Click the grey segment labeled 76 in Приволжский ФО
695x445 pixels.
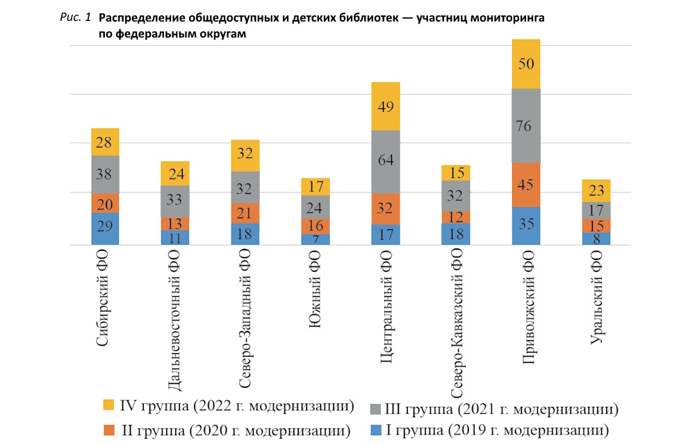pyautogui.click(x=526, y=126)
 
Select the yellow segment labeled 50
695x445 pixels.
pyautogui.click(x=526, y=64)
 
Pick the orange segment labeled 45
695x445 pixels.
pyautogui.click(x=526, y=185)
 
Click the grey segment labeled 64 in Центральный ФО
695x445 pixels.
pyautogui.click(x=386, y=162)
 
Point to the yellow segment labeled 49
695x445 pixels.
pyautogui.click(x=386, y=106)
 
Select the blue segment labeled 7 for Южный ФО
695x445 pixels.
pyautogui.click(x=316, y=239)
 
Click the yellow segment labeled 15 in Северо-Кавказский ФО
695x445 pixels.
pyautogui.click(x=456, y=172)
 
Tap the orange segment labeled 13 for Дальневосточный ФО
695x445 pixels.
pyautogui.click(x=176, y=223)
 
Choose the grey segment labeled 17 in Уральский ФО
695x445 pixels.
pyautogui.click(x=596, y=210)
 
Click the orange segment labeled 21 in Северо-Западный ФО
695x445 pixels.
pyautogui.click(x=245, y=213)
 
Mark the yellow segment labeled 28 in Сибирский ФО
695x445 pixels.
pyautogui.click(x=106, y=142)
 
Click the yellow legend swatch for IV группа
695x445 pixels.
pyautogui.click(x=108, y=405)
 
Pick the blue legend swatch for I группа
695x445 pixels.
pyautogui.click(x=376, y=428)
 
